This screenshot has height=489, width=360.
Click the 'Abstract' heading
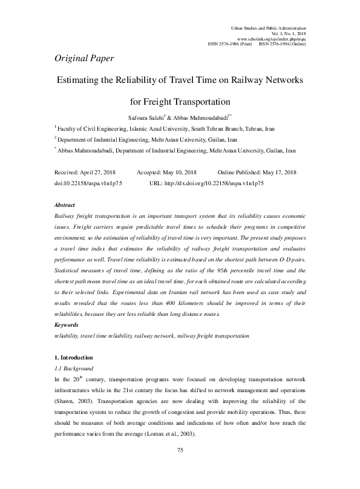65,206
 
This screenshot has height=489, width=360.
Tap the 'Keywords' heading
66,325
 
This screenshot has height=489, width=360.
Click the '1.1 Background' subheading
74,368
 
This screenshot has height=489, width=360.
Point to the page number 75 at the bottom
180,450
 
